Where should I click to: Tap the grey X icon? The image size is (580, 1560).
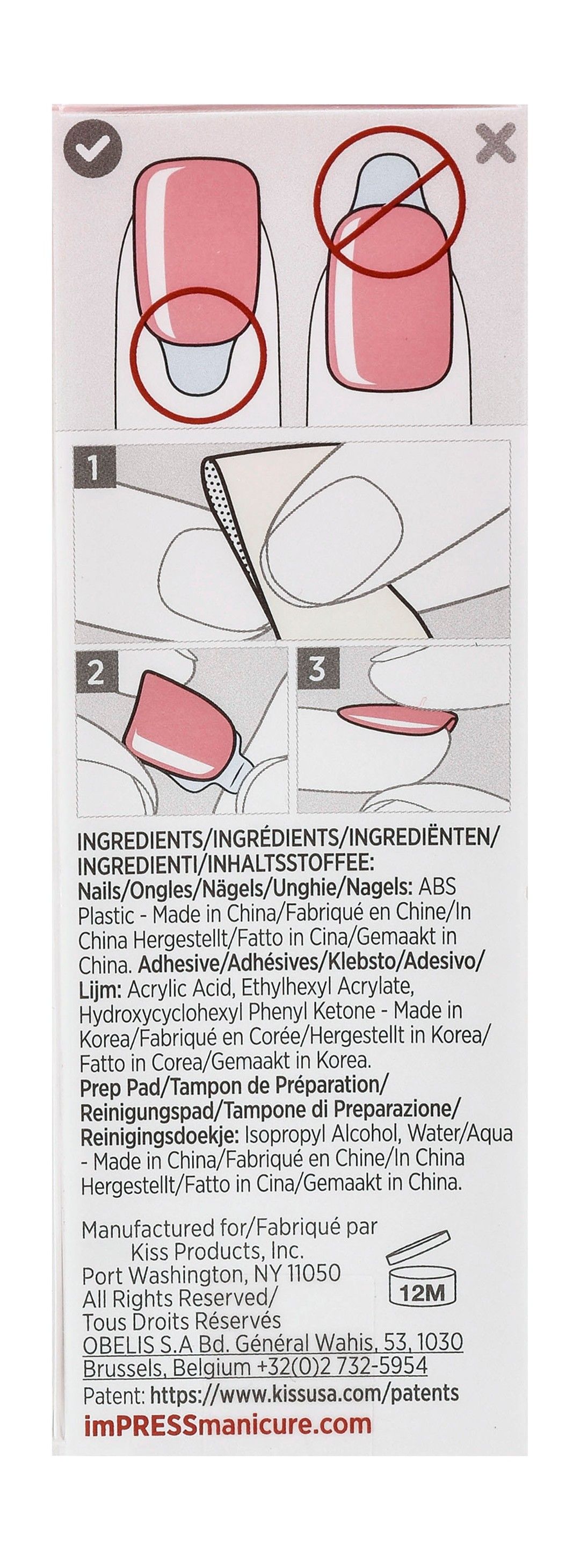pos(495,143)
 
